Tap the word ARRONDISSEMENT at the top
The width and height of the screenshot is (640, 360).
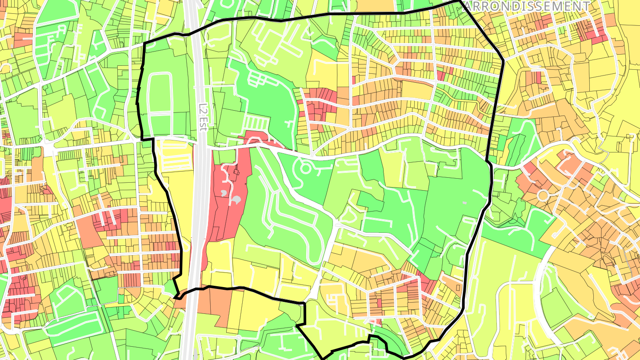(x=527, y=6)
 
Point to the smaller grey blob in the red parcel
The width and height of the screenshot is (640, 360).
(x=224, y=192)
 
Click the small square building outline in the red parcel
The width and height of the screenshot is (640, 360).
(x=234, y=172)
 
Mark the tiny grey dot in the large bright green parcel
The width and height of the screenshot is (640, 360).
(x=465, y=203)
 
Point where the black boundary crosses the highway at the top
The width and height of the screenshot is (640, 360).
(x=196, y=32)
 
